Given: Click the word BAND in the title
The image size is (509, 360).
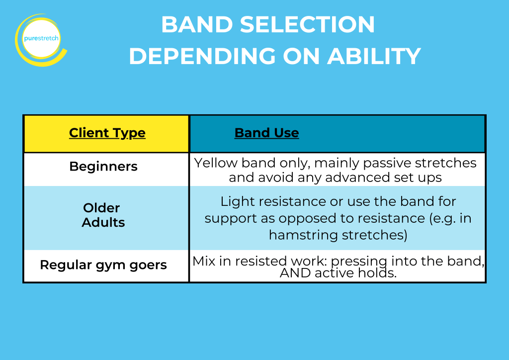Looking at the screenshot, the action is pyautogui.click(x=197, y=25).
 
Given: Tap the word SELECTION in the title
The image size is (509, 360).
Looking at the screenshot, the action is pyautogui.click(x=307, y=25).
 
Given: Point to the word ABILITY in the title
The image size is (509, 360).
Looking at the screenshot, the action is pyautogui.click(x=374, y=57).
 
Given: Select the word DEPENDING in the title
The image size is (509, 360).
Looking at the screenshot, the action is pyautogui.click(x=202, y=57).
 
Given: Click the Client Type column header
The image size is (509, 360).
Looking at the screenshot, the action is pyautogui.click(x=107, y=133).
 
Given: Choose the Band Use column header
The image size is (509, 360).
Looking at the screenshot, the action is pyautogui.click(x=266, y=133).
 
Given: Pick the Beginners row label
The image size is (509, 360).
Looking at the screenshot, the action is pyautogui.click(x=103, y=167).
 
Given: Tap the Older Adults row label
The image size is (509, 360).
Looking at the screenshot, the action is pyautogui.click(x=103, y=215).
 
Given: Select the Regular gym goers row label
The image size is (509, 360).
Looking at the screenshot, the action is pyautogui.click(x=103, y=265).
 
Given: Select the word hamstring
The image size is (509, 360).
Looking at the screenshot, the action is pyautogui.click(x=304, y=235).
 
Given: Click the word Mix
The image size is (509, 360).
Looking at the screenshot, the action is pyautogui.click(x=203, y=261).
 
